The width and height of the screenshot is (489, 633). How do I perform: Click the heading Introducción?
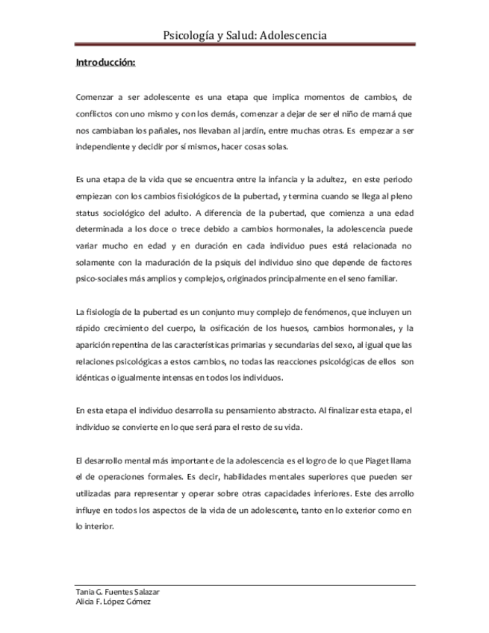(105, 63)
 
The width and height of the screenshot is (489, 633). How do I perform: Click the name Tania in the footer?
(86, 591)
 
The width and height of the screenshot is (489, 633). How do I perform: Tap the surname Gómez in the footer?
(137, 601)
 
